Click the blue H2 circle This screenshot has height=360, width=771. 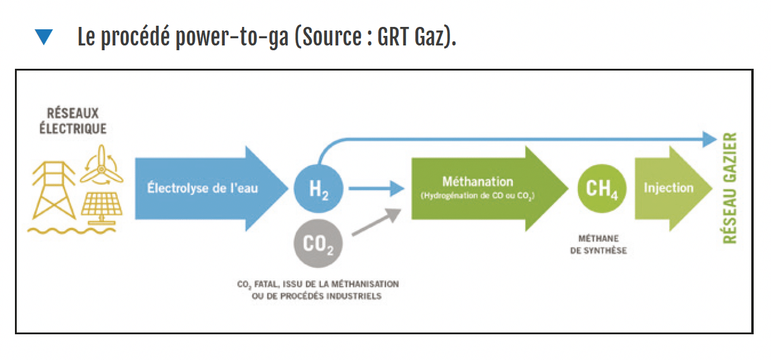point(318,189)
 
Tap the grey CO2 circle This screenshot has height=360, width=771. point(318,243)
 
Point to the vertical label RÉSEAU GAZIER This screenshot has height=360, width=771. point(730,188)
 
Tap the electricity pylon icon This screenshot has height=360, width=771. point(54,188)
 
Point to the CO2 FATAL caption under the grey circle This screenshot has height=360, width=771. point(317,290)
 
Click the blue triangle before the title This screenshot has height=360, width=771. point(44,38)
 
